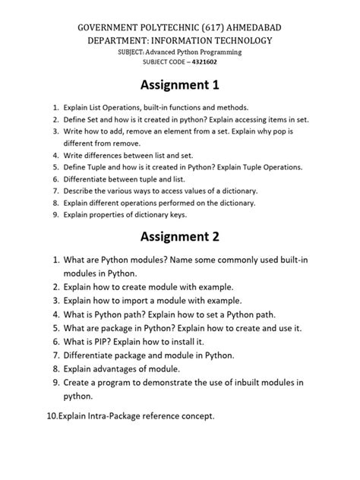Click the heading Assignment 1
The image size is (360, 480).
(180, 88)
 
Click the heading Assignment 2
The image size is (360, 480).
(180, 236)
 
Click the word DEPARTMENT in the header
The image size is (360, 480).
(127, 39)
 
